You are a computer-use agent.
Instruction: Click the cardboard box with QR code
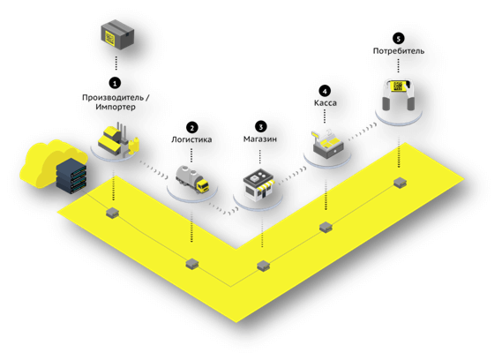pyautogui.click(x=117, y=35)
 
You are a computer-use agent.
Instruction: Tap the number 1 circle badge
pyautogui.click(x=115, y=83)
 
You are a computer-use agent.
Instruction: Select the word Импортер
pyautogui.click(x=116, y=107)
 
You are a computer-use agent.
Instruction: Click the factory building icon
pyautogui.click(x=118, y=139)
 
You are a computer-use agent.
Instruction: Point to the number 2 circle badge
pyautogui.click(x=191, y=128)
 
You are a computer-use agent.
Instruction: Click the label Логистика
pyautogui.click(x=191, y=139)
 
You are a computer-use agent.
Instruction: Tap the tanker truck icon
pyautogui.click(x=192, y=179)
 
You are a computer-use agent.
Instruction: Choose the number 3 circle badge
pyautogui.click(x=260, y=127)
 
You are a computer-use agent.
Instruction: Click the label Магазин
pyautogui.click(x=260, y=139)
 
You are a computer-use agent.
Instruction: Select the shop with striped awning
pyautogui.click(x=258, y=186)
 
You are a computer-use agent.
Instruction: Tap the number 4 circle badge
pyautogui.click(x=325, y=91)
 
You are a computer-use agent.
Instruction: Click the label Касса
pyautogui.click(x=326, y=103)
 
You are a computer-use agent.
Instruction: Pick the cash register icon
pyautogui.click(x=327, y=144)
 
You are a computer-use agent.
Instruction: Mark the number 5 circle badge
pyautogui.click(x=399, y=39)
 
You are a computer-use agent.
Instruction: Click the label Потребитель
pyautogui.click(x=399, y=51)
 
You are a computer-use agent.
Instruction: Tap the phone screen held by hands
pyautogui.click(x=398, y=86)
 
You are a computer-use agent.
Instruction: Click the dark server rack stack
pyautogui.click(x=71, y=176)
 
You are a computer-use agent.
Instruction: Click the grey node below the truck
pyautogui.click(x=192, y=264)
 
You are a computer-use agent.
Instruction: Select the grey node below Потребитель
pyautogui.click(x=400, y=183)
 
